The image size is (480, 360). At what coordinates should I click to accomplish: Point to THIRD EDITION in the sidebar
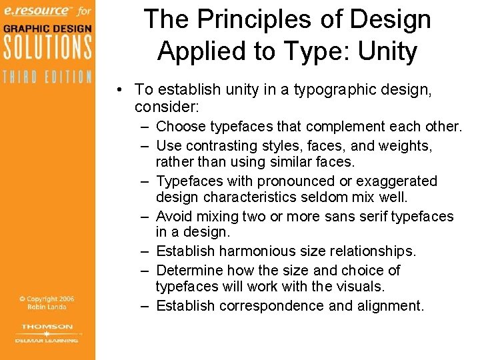click(46, 76)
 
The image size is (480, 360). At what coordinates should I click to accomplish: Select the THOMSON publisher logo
click(47, 327)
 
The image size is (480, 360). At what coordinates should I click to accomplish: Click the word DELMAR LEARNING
click(47, 339)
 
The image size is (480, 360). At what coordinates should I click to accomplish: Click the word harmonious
click(263, 251)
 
